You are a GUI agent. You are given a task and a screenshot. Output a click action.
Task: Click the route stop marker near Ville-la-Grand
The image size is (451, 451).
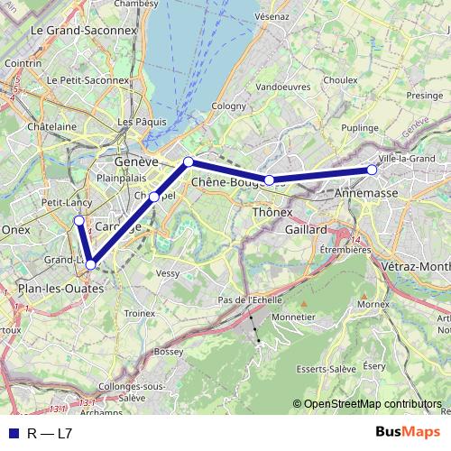click(372, 170)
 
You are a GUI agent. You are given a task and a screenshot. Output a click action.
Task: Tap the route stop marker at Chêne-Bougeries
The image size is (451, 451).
click(269, 180)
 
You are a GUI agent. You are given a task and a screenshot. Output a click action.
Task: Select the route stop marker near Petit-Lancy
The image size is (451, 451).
click(78, 220)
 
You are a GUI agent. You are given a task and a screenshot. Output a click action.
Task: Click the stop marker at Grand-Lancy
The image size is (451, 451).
click(90, 264)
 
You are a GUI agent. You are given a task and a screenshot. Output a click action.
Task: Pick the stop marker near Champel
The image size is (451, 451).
click(154, 197)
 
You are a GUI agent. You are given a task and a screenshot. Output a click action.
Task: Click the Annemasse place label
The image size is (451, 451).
click(362, 193)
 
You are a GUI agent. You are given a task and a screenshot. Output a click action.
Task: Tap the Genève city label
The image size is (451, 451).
click(137, 161)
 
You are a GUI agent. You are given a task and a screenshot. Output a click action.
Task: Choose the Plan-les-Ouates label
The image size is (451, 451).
click(60, 288)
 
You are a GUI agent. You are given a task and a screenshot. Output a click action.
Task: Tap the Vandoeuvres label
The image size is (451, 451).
click(281, 87)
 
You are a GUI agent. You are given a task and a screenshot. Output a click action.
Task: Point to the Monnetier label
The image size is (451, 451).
click(292, 318)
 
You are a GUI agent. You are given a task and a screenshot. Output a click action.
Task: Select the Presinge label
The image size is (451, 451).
click(424, 95)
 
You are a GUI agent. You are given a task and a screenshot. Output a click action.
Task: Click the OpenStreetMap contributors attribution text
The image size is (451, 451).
click(372, 404)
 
